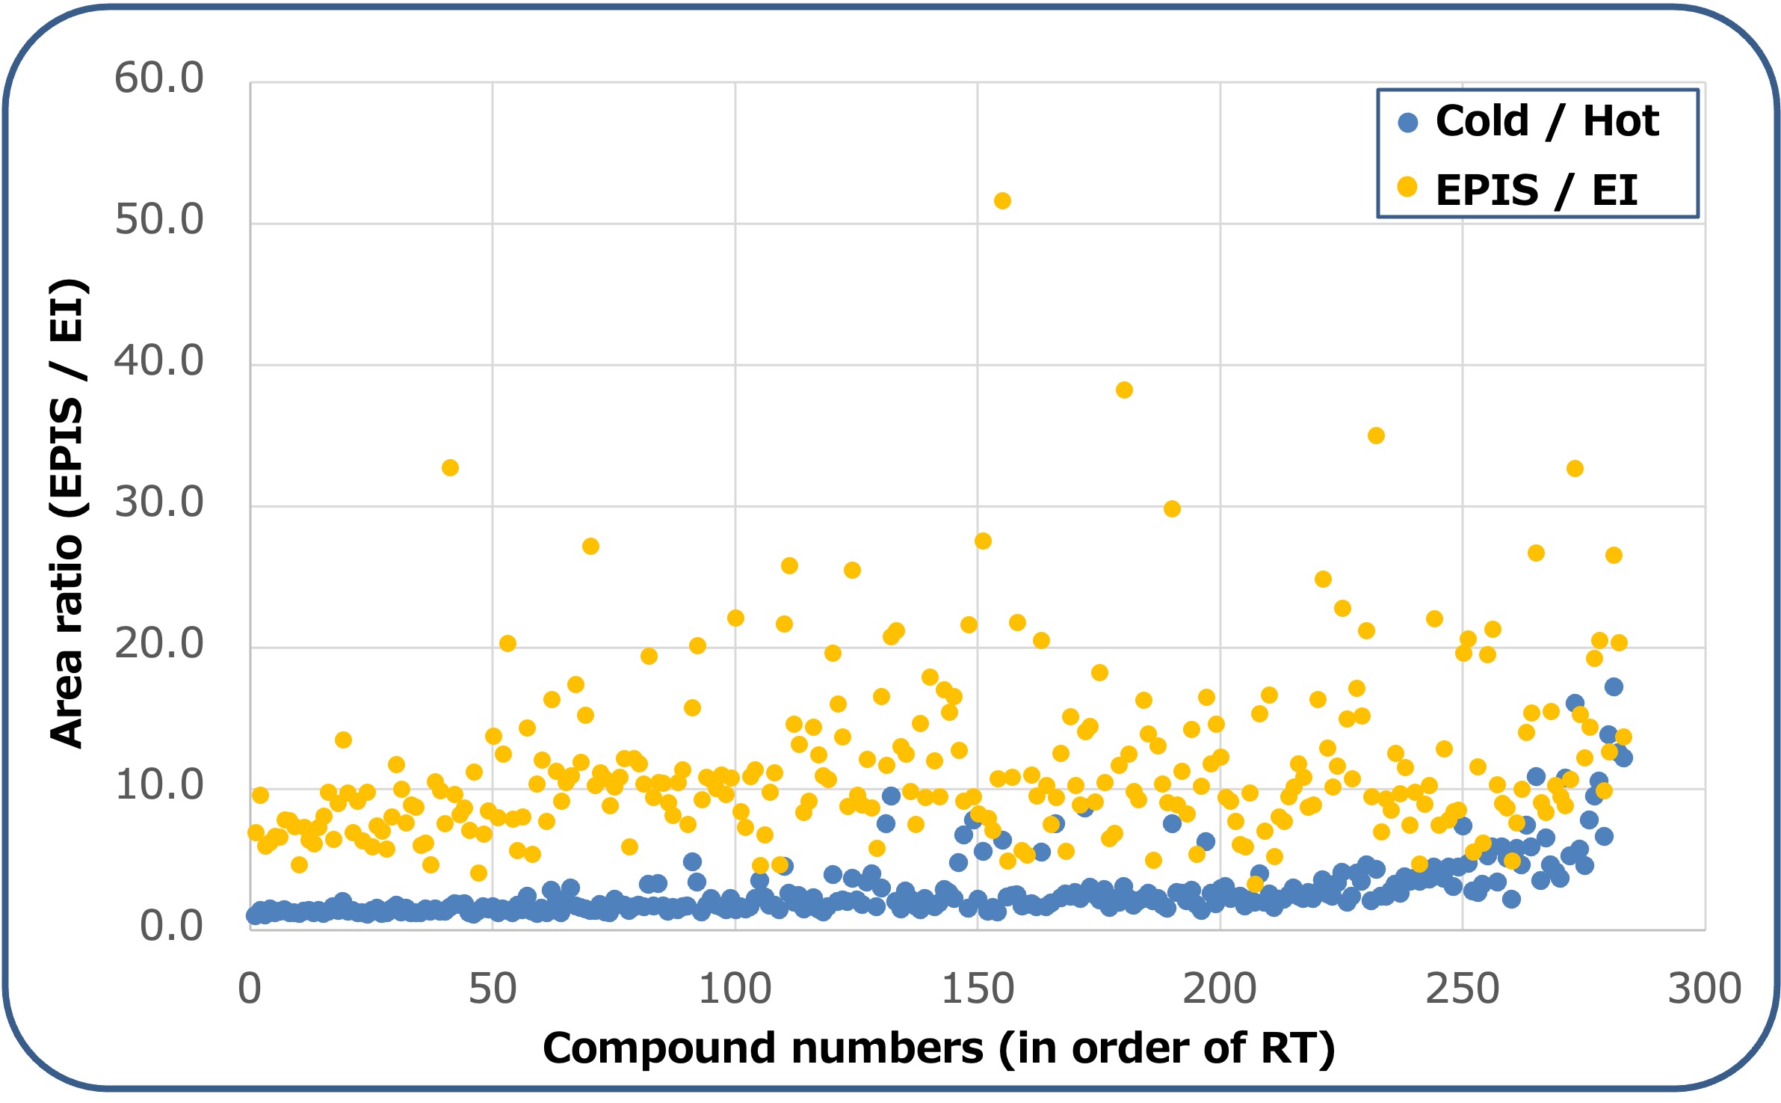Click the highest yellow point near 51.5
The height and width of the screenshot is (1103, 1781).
pos(1002,200)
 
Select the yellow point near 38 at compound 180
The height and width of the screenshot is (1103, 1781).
pos(1124,390)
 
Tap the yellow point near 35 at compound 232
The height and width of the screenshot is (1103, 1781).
pos(1376,435)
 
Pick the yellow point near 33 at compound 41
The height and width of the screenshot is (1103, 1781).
pos(450,467)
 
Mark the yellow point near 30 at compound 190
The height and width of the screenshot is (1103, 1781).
pos(1172,509)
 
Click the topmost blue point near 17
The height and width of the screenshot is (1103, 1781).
pos(1614,686)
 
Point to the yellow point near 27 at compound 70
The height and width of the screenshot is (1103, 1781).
pos(590,546)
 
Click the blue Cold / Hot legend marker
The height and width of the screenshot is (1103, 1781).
pos(1408,123)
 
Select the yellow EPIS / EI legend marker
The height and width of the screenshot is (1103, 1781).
pos(1407,187)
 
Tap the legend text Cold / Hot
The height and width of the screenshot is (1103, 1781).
pos(1546,121)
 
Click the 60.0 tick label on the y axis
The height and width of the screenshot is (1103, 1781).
pos(158,78)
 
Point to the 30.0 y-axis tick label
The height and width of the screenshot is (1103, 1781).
pos(158,502)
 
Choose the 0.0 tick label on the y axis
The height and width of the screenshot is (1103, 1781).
pos(171,926)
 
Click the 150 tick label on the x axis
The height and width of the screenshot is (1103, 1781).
pos(977,989)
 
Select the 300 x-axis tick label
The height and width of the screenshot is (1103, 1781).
pos(1704,989)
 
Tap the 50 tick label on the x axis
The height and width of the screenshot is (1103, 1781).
pos(492,989)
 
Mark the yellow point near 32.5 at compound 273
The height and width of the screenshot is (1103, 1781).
pos(1575,468)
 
